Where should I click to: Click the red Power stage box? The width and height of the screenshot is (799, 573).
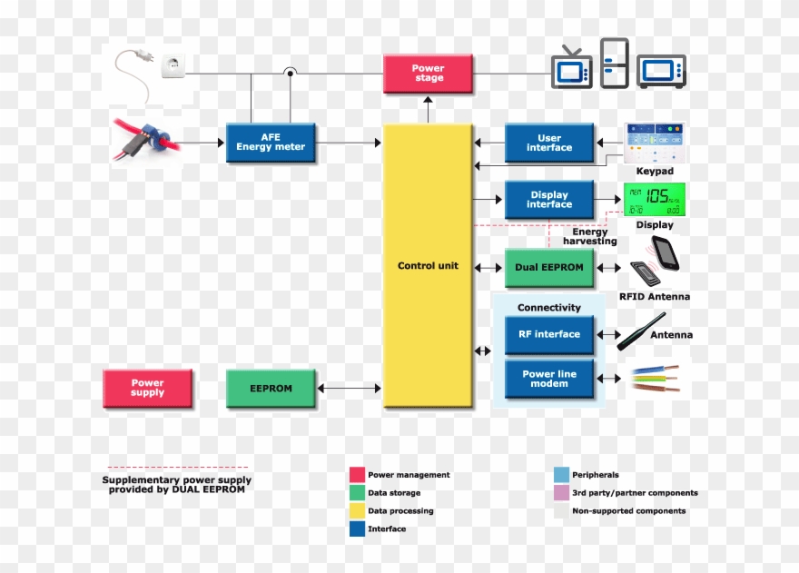click(x=428, y=74)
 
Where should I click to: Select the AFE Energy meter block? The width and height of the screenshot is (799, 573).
click(x=271, y=143)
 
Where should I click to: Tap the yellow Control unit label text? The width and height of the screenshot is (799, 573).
click(x=428, y=266)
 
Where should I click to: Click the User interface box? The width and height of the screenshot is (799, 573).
click(x=549, y=143)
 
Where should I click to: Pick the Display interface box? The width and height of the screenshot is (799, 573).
click(x=549, y=200)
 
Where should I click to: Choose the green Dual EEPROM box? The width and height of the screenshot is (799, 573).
click(x=549, y=268)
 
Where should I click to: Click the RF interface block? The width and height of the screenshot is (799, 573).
click(x=549, y=334)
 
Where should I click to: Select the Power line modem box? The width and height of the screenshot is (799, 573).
click(x=549, y=379)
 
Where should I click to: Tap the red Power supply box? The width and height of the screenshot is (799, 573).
click(x=147, y=388)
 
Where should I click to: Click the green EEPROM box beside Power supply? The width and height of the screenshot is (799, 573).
click(x=271, y=388)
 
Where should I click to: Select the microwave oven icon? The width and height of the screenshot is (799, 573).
click(x=661, y=71)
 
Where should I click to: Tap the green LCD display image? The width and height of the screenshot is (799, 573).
click(x=654, y=200)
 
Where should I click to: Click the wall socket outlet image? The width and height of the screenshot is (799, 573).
click(x=173, y=66)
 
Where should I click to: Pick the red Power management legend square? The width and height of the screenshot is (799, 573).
click(x=357, y=475)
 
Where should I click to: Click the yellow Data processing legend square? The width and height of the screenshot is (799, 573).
click(x=357, y=511)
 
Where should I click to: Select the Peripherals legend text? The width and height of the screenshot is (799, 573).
click(x=596, y=475)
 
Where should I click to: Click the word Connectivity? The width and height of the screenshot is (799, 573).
click(x=549, y=308)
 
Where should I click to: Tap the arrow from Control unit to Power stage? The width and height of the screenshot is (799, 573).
click(x=428, y=109)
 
